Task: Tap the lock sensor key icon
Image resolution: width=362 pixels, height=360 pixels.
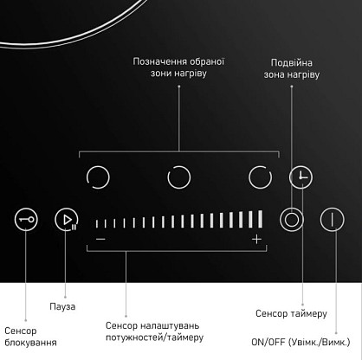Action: [x=26, y=220]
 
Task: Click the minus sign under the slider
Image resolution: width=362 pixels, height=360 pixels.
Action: [x=100, y=239]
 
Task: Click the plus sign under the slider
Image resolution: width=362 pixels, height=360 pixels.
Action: [x=256, y=239]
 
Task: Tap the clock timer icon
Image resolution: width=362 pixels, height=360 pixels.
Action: [x=301, y=177]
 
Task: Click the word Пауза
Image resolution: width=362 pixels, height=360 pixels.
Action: [x=62, y=306]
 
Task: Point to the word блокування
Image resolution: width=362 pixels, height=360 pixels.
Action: [x=30, y=343]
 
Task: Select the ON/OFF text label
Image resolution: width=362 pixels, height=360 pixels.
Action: [x=268, y=342]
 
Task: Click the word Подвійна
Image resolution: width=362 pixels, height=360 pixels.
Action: [x=292, y=63]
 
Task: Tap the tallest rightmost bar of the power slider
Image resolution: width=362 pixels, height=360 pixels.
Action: [x=260, y=219]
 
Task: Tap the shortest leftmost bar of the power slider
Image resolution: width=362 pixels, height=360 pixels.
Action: [x=97, y=223]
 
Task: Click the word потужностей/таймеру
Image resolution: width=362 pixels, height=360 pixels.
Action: [x=155, y=337]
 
